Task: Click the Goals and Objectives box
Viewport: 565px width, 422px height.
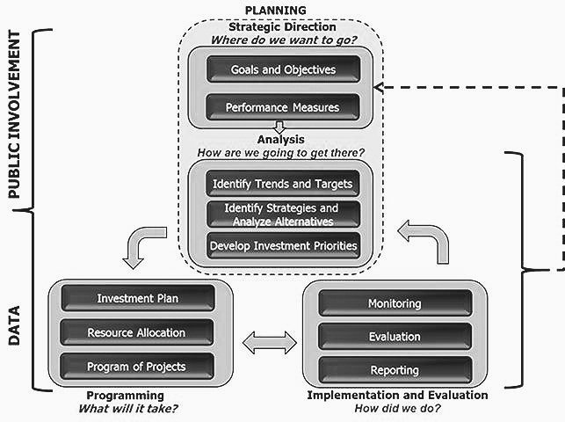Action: click(283, 69)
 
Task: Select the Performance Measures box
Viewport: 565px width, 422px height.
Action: click(283, 108)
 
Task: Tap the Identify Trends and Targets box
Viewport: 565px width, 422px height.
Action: click(283, 184)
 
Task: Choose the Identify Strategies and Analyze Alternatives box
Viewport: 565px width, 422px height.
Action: click(283, 214)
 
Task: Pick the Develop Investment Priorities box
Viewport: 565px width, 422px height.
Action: click(283, 245)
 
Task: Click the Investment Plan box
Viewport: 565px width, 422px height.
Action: click(137, 298)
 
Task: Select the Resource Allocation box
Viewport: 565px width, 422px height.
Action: click(137, 332)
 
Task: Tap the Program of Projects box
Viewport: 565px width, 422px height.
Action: click(137, 366)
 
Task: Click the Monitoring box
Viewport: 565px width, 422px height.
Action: click(394, 303)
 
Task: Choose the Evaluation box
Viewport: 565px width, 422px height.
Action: click(394, 336)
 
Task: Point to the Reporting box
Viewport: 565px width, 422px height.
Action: click(394, 369)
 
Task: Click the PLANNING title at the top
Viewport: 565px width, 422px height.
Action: click(277, 11)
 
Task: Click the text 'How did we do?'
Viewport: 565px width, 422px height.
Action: click(397, 409)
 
